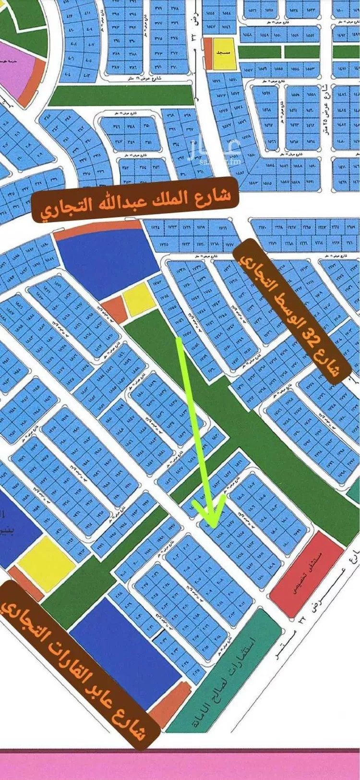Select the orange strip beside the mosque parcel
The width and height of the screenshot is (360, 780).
(208, 53)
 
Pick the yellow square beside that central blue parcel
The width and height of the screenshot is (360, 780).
(139, 299)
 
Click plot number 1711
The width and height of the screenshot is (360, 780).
(222, 229)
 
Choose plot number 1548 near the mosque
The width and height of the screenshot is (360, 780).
(248, 35)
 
